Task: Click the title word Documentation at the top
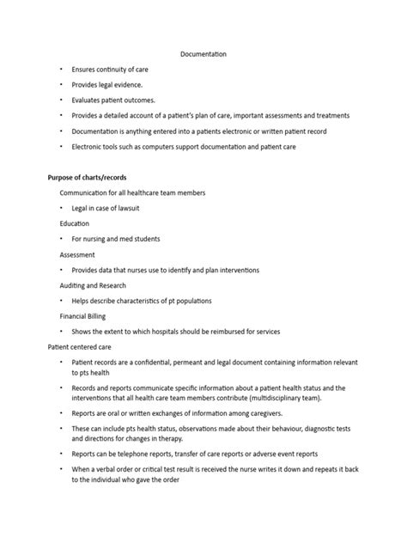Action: (203, 53)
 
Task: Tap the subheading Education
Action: (74, 223)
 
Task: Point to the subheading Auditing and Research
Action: (93, 285)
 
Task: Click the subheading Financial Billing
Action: (82, 316)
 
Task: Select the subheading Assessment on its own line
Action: (78, 254)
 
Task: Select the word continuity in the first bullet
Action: (114, 69)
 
